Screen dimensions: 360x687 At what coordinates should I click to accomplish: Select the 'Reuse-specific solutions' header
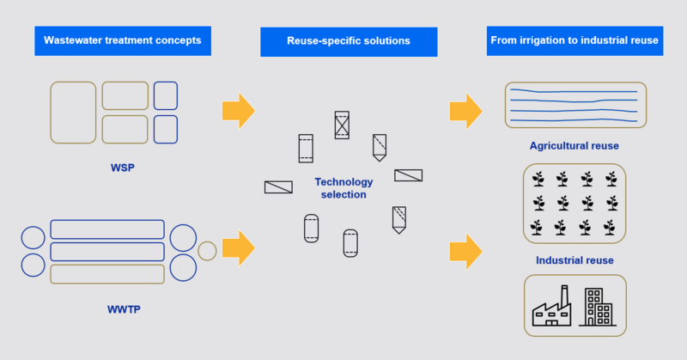click(348, 40)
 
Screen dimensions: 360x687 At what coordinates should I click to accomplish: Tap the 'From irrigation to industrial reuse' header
click(575, 40)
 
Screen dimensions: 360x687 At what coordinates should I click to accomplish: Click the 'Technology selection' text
click(343, 187)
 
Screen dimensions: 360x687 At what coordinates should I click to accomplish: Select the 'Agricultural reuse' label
click(575, 145)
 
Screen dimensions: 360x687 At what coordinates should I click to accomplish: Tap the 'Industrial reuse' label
click(575, 259)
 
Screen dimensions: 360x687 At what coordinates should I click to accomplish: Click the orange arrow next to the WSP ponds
click(238, 110)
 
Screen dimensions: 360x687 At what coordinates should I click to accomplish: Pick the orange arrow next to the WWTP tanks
click(238, 248)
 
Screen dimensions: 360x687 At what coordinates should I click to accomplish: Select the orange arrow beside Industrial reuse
click(465, 251)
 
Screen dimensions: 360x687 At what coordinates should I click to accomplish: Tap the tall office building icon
click(598, 306)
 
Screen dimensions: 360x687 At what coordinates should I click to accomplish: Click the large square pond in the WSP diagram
click(73, 112)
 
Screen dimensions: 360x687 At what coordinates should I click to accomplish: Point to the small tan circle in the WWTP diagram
click(207, 250)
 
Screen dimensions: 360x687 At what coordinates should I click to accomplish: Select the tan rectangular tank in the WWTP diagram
click(107, 274)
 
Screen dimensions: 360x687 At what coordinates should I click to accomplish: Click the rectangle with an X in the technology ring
click(343, 125)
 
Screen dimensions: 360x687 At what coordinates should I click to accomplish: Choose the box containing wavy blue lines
click(575, 105)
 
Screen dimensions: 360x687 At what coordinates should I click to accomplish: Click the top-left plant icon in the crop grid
click(538, 179)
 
